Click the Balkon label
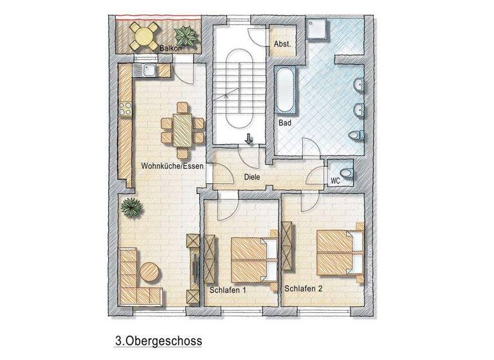pyautogui.click(x=169, y=48)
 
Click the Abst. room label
pyautogui.click(x=282, y=44)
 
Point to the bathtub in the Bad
pyautogui.click(x=285, y=91)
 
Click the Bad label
pyautogui.click(x=286, y=122)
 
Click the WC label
pyautogui.click(x=335, y=181)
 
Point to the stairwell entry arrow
pyautogui.click(x=248, y=138)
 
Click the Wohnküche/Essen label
pyautogui.click(x=172, y=166)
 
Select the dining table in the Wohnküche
pyautogui.click(x=183, y=130)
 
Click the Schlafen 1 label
pyautogui.click(x=228, y=290)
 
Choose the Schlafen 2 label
pyautogui.click(x=303, y=288)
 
